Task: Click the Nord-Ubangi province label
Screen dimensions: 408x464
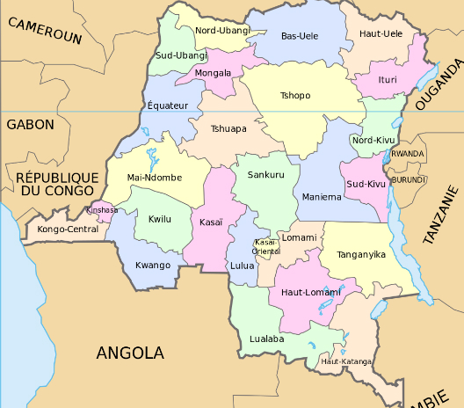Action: point(222,31)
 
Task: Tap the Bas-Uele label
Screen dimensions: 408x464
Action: point(299,36)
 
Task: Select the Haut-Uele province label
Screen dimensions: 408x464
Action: point(381,33)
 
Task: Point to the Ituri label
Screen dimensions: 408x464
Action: point(387,78)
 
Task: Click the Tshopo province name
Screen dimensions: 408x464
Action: point(294,95)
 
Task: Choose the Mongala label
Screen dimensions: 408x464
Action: point(214,73)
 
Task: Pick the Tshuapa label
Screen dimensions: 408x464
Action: point(228,128)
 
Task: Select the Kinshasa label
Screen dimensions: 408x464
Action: point(99,211)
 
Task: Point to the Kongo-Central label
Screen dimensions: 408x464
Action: point(68,229)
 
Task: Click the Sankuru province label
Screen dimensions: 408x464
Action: point(265,175)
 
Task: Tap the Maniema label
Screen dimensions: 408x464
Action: point(321,197)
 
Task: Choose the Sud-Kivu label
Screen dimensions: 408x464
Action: point(366,184)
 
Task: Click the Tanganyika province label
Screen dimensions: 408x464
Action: point(361,254)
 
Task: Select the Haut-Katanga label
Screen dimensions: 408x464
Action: point(345,361)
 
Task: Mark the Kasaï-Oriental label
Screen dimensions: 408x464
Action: point(265,246)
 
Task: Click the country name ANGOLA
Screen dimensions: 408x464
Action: point(130,353)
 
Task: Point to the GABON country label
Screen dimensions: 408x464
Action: point(31,125)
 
